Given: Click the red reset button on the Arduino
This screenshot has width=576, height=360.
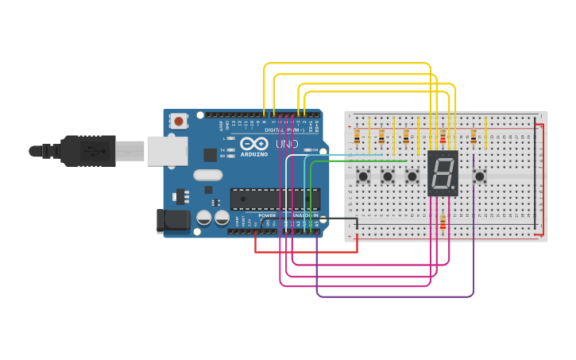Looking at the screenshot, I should coord(180,122).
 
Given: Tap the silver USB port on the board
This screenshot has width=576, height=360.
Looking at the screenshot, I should coord(166,150).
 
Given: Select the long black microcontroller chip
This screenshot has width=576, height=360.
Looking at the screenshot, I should coord(275,199).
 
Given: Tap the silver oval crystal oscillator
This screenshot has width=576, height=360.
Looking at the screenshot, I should coord(207,176).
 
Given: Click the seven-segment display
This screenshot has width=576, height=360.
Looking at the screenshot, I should coord(443,173).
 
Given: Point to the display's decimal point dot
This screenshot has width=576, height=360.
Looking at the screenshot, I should coord(455,191).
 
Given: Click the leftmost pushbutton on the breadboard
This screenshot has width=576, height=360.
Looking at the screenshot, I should coord(363,176).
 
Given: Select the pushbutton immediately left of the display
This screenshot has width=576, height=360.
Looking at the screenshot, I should coord(412,176).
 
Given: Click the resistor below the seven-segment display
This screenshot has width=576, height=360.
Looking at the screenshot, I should coord(443,223).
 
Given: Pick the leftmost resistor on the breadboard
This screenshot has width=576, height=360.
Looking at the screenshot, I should coord(357,136).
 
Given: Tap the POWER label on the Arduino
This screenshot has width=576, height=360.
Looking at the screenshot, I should coord(267,215).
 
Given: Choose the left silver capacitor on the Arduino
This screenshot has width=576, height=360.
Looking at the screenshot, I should coord(204,217).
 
